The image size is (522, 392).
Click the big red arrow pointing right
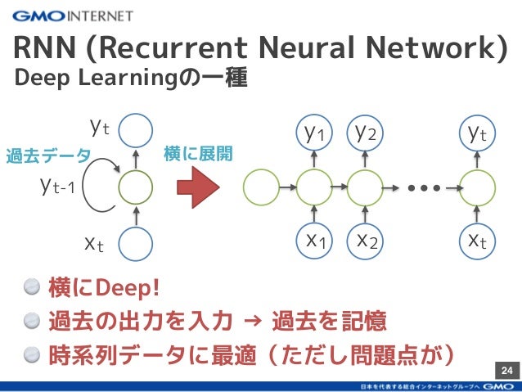(199, 187)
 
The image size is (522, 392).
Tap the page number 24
(506, 372)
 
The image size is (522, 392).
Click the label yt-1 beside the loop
(58, 187)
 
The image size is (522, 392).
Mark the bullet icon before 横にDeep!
(32, 287)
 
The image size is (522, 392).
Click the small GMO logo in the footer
(497, 385)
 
